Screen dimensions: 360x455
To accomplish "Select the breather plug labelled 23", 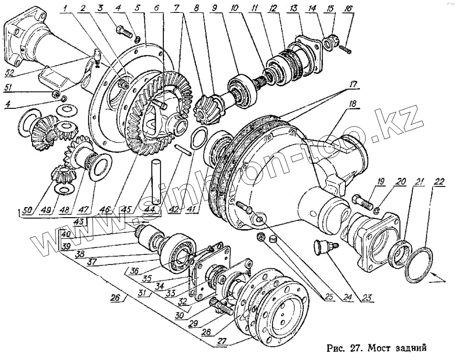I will click(x=322, y=248).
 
